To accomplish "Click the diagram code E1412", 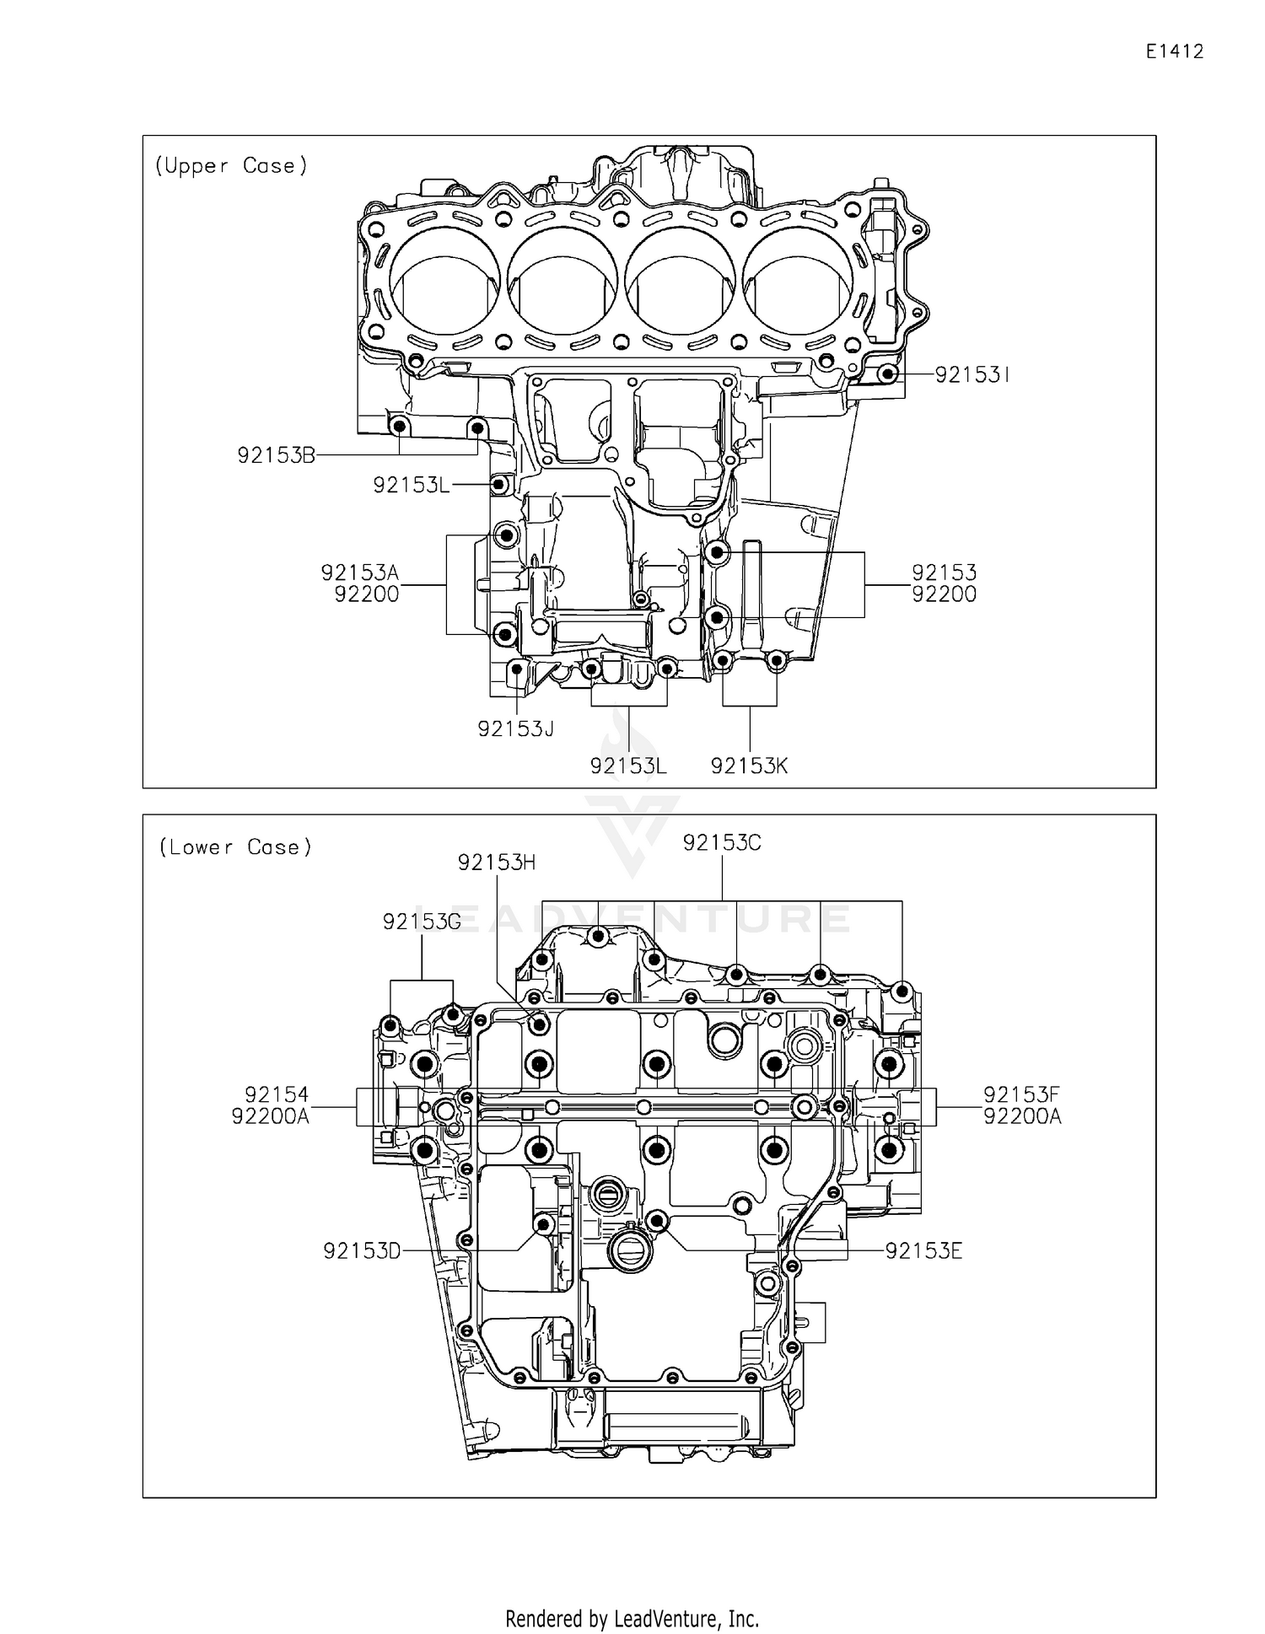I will click(1174, 52).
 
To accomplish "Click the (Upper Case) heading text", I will click(231, 166).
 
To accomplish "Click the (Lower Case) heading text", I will click(235, 847).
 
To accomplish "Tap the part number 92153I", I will click(972, 375).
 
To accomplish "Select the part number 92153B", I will click(276, 456).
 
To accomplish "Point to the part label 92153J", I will click(516, 729).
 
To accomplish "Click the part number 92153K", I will click(749, 766).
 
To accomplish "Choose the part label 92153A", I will click(360, 573).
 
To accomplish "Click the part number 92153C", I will click(722, 843).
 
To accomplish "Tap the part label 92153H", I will click(497, 863).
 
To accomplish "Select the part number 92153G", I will click(422, 922).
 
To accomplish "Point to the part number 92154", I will click(277, 1095).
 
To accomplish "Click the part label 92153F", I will click(1021, 1095).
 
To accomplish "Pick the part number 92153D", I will click(362, 1251).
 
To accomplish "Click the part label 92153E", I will click(923, 1251).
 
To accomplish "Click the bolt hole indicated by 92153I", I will click(885, 374).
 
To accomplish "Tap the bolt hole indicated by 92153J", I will click(516, 670).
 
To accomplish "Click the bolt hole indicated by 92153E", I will click(658, 1220).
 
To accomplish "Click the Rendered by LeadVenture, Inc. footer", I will click(632, 1619).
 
